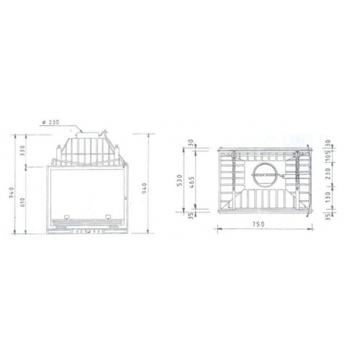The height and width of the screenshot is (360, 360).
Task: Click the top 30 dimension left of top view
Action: (192, 143)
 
